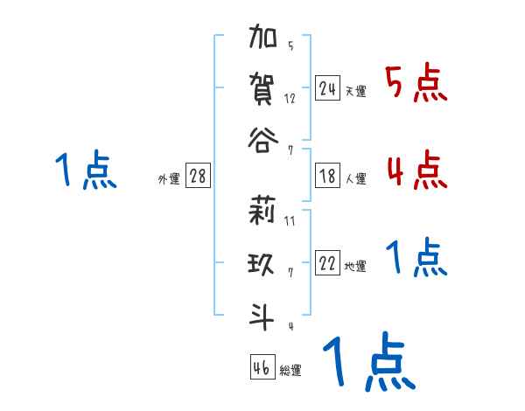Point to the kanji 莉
point(262,212)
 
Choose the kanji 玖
point(262,263)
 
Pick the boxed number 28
point(198,177)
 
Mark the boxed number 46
point(262,367)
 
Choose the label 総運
point(290,371)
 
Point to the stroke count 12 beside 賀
point(290,99)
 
